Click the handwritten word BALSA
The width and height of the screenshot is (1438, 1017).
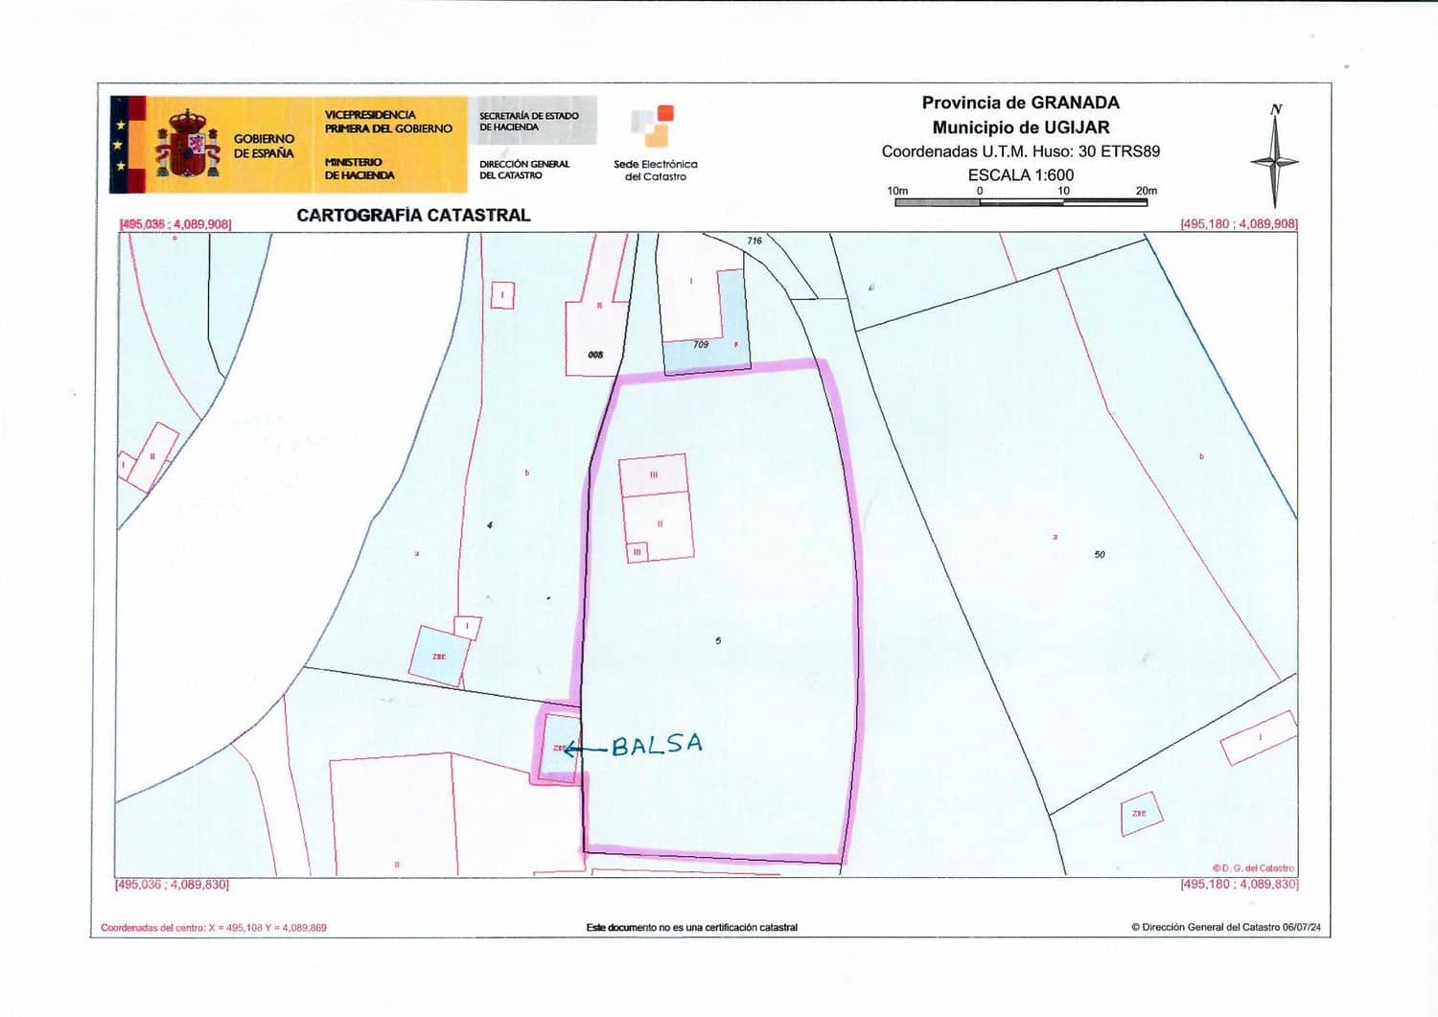click(x=657, y=744)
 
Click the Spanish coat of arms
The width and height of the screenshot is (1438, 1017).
click(x=188, y=145)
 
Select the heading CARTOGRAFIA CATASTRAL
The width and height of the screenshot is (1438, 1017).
click(x=413, y=215)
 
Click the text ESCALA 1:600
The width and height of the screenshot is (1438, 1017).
click(x=1020, y=174)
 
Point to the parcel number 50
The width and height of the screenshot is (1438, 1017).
click(x=1100, y=554)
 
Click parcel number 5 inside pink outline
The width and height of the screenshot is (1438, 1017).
click(x=718, y=640)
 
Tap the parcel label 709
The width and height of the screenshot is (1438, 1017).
click(x=701, y=344)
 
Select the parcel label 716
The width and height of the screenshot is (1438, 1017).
click(x=754, y=241)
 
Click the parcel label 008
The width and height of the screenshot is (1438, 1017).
click(x=595, y=355)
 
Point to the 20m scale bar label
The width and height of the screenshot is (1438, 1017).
click(x=1146, y=191)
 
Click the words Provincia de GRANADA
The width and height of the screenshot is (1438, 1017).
click(x=1020, y=103)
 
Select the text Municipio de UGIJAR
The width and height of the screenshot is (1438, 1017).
click(x=1020, y=127)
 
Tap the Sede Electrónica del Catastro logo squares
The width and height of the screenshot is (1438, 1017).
click(x=653, y=126)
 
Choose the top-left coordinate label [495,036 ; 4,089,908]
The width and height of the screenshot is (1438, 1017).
click(x=175, y=224)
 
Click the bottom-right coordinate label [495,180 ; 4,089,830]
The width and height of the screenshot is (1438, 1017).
click(x=1239, y=884)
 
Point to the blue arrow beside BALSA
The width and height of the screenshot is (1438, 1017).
click(x=584, y=749)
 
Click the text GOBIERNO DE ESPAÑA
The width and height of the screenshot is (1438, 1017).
click(x=264, y=146)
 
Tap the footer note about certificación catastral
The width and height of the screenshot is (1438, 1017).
click(x=692, y=927)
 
